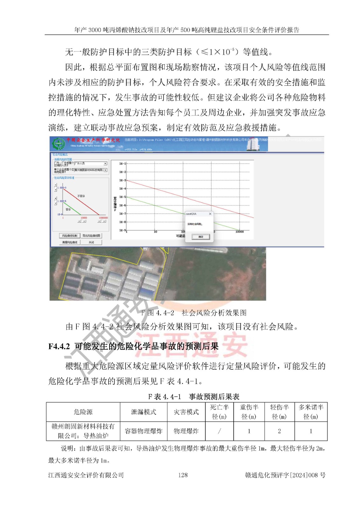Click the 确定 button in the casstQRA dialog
click(x=201, y=237)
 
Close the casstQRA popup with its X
click(x=210, y=214)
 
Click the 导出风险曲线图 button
click(x=91, y=236)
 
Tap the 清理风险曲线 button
click(x=70, y=242)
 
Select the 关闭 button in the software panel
click(x=91, y=242)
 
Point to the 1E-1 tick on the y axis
click(x=123, y=164)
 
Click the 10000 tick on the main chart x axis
click(x=239, y=232)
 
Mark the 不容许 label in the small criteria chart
click(x=81, y=196)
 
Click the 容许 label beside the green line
click(x=68, y=209)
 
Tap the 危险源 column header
click(x=83, y=412)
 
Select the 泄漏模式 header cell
click(x=144, y=412)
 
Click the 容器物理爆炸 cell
click(x=144, y=431)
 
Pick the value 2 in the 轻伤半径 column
click(x=279, y=431)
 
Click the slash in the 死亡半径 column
click(x=219, y=431)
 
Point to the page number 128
click(x=183, y=475)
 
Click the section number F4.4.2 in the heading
click(x=59, y=346)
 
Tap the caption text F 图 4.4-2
click(x=158, y=313)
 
